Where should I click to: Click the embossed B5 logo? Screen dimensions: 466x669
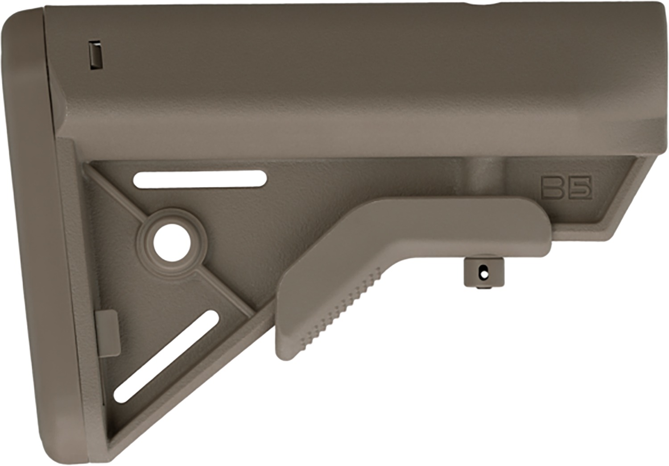click(x=566, y=188)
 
